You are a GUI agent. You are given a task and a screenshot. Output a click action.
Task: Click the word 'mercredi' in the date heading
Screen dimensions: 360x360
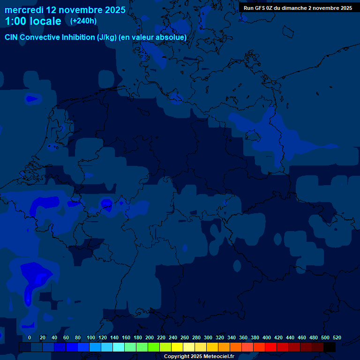click(24, 10)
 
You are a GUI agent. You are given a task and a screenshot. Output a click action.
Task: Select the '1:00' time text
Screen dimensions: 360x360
click(15, 21)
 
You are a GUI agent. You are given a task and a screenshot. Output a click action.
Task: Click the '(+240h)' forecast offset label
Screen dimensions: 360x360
click(83, 21)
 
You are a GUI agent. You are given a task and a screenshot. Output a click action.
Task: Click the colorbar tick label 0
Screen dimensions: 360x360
click(30, 337)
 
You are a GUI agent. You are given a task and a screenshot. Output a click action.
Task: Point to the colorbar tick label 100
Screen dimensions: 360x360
click(91, 337)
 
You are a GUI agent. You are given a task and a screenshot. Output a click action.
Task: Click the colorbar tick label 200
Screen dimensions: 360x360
click(150, 337)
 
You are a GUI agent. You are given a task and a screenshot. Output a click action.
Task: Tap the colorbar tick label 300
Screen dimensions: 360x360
click(208, 337)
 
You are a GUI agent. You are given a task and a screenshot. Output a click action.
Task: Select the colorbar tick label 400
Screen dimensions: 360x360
click(267, 337)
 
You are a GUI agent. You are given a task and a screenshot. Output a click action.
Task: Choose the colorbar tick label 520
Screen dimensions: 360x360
click(337, 337)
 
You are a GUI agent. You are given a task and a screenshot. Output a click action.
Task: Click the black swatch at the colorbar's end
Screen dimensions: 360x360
click(330, 347)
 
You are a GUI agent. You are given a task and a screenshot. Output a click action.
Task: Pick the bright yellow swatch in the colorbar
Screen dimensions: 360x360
click(177, 347)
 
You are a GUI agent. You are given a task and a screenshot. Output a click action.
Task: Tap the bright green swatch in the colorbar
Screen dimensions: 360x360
click(154, 347)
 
